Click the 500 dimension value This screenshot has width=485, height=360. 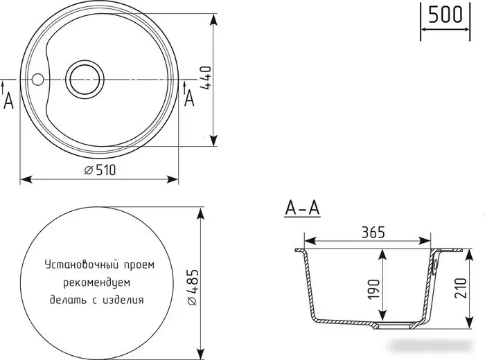point(446,15)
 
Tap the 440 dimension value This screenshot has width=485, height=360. point(206,78)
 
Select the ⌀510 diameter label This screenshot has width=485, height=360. point(100,170)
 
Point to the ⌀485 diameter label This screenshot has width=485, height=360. point(192,288)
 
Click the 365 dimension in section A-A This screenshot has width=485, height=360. point(373,232)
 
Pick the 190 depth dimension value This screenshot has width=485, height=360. point(373,289)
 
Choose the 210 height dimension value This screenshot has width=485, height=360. point(460,288)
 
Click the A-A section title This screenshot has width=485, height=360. point(302,208)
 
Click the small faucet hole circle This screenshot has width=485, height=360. point(37,79)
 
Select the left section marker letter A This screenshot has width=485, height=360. point(8,101)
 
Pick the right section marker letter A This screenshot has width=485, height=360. point(189,98)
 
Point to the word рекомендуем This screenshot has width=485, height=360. point(97,282)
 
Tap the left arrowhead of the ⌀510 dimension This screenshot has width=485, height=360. point(26,179)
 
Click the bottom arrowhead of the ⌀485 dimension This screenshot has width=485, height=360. point(201,352)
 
